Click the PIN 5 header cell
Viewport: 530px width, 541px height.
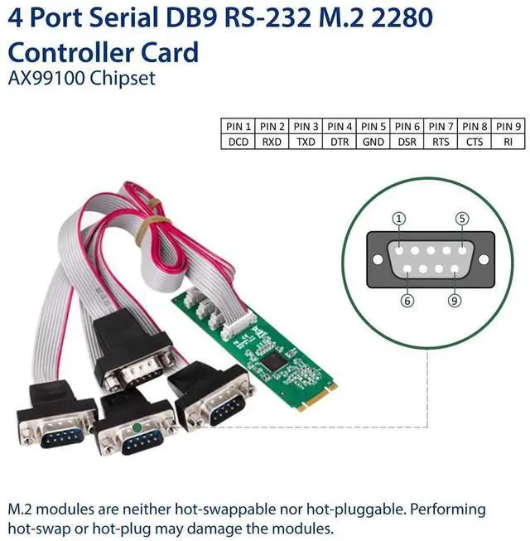pyautogui.click(x=373, y=126)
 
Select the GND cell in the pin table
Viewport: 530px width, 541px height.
pyautogui.click(x=373, y=142)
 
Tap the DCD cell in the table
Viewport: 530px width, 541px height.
pyautogui.click(x=238, y=142)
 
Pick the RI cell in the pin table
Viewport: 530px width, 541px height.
pyautogui.click(x=508, y=142)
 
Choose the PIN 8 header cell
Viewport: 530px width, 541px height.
pyautogui.click(x=475, y=126)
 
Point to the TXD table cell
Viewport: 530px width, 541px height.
pyautogui.click(x=306, y=142)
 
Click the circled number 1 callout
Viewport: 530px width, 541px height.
pyautogui.click(x=400, y=219)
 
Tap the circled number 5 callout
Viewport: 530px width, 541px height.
pyautogui.click(x=462, y=219)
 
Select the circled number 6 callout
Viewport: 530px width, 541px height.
pyautogui.click(x=407, y=300)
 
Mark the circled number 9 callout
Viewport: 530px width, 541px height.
pyautogui.click(x=455, y=300)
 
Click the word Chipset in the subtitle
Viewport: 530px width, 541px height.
pyautogui.click(x=123, y=80)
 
